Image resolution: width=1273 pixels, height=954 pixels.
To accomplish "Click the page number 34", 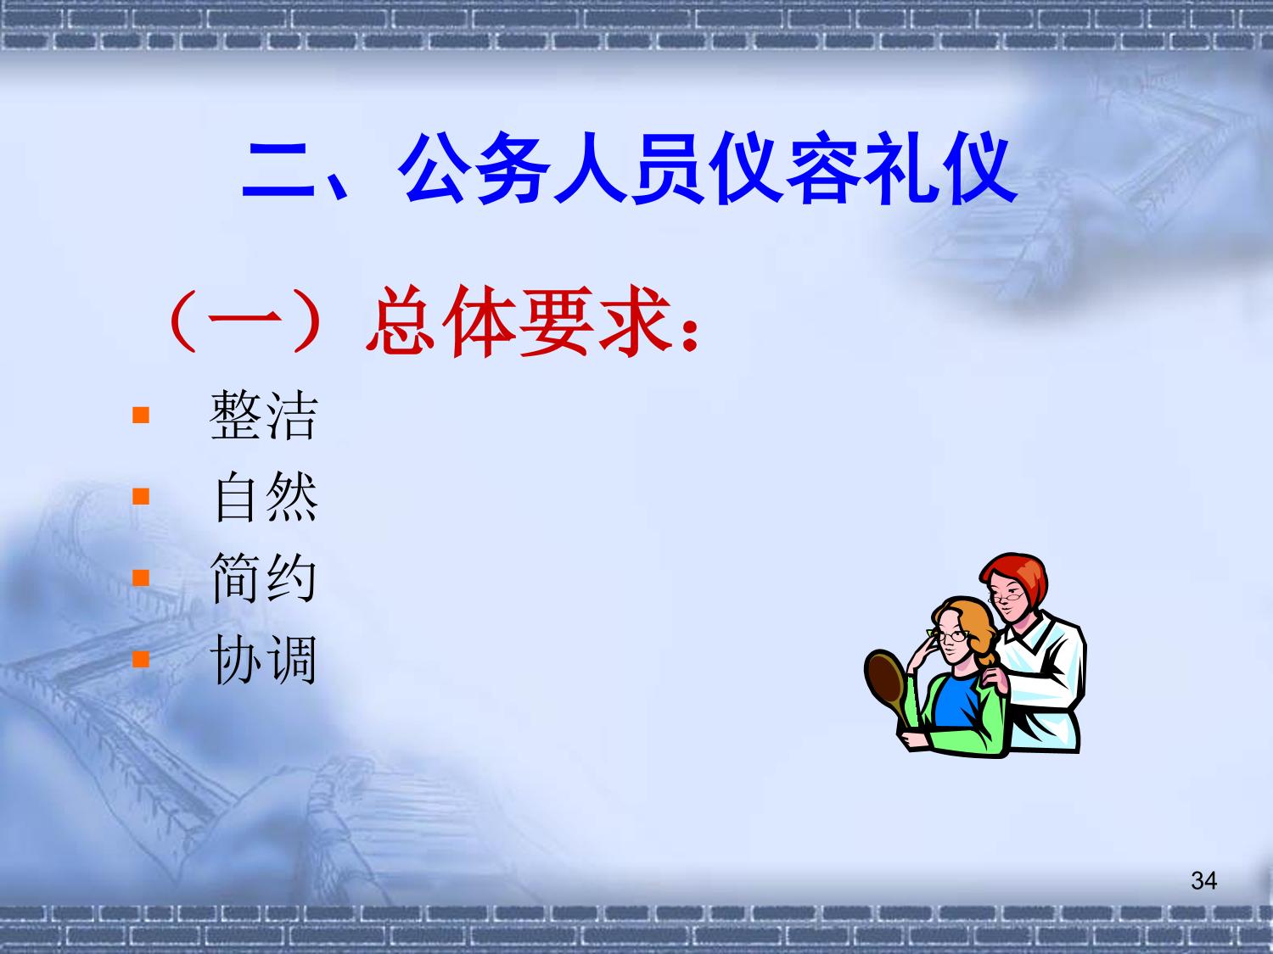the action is (x=1204, y=880).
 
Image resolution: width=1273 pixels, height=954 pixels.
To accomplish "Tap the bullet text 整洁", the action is (x=263, y=415).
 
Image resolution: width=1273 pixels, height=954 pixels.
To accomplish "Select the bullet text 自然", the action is (x=266, y=496).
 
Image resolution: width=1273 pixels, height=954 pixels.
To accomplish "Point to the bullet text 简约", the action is (x=263, y=577).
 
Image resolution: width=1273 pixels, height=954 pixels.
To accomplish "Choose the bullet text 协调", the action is (x=263, y=659).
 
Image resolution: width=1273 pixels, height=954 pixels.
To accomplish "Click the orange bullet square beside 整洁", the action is (x=141, y=416).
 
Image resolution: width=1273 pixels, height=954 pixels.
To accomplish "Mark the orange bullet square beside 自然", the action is (x=141, y=496).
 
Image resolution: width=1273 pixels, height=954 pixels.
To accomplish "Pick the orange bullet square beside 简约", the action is (x=141, y=577).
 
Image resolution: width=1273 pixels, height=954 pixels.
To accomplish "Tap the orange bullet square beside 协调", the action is (x=141, y=659).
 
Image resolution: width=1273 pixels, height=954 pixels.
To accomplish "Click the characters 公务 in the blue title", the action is (x=474, y=168).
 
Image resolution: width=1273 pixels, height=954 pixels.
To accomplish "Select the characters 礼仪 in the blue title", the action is (x=940, y=168).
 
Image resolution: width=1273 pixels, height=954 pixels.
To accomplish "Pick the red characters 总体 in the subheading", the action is (x=440, y=321).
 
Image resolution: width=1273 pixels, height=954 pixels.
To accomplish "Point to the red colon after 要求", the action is (x=690, y=335).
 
